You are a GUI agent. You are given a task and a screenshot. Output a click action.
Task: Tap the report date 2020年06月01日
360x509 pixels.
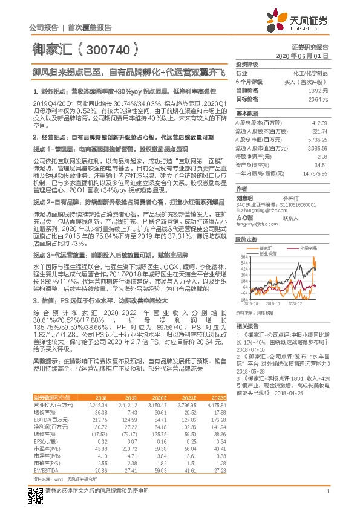302,55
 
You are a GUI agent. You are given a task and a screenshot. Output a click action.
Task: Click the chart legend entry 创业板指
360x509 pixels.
272,253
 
